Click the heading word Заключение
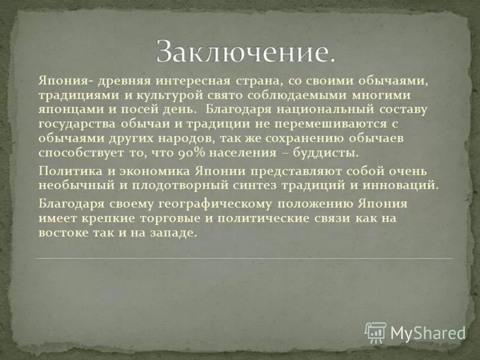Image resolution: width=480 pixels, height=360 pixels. click(x=245, y=52)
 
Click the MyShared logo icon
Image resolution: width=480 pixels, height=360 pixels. click(x=376, y=332)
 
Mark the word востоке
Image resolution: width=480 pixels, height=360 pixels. click(x=64, y=232)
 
